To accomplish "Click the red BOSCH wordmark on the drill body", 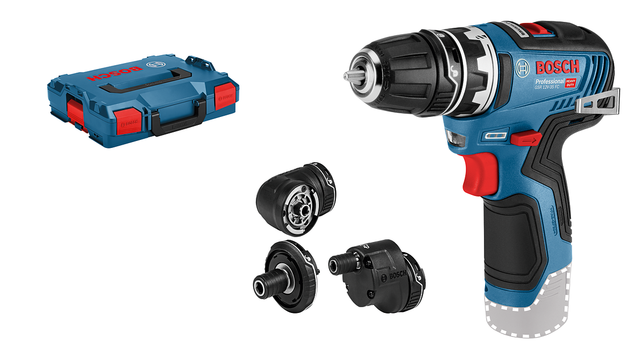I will [x=556, y=68].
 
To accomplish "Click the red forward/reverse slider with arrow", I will [x=526, y=139].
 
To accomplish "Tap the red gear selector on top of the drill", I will [x=535, y=28].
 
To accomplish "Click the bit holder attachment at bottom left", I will [x=286, y=278].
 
